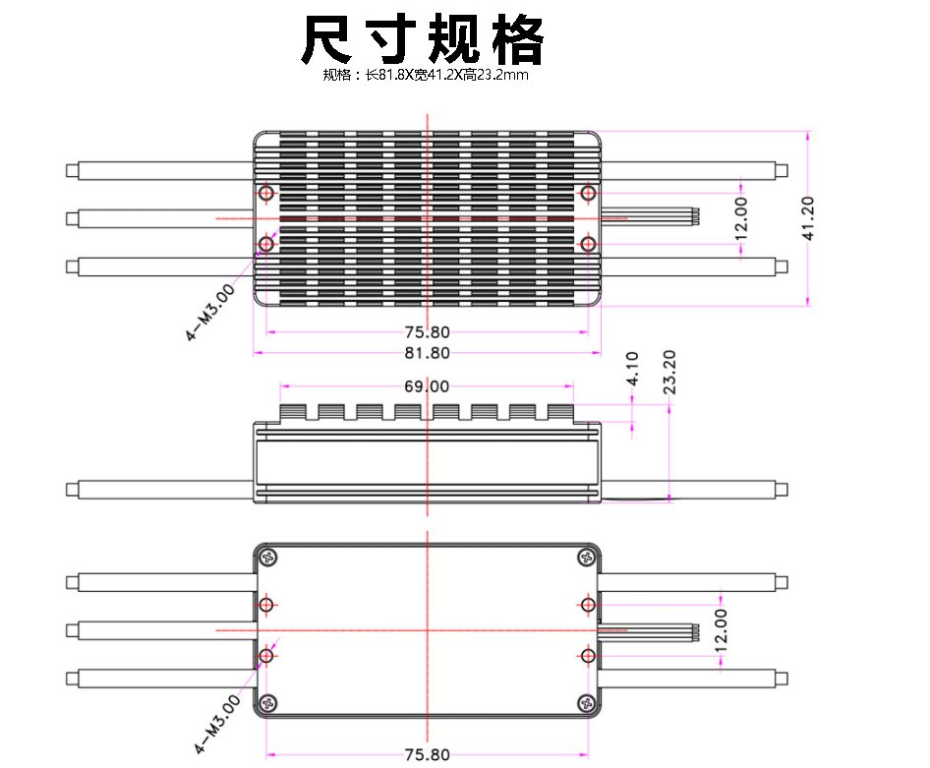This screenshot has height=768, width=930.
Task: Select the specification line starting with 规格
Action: click(426, 75)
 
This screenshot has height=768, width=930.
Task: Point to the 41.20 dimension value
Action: click(808, 218)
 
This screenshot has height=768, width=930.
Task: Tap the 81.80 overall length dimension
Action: click(427, 353)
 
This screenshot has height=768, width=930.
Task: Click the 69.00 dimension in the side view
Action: click(427, 386)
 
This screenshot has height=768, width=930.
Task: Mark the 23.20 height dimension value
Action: click(669, 371)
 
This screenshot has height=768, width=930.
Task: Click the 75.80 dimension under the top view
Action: click(427, 332)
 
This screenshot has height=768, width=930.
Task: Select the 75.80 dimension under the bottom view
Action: click(427, 754)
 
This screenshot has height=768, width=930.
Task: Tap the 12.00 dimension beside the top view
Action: click(740, 217)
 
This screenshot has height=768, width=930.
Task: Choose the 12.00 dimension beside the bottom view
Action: click(721, 630)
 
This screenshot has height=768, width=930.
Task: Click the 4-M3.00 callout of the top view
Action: click(211, 312)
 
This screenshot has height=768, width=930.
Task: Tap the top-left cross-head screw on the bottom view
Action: click(267, 558)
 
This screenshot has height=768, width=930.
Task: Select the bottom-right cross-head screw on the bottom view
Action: click(587, 702)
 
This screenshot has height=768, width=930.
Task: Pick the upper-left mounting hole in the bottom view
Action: click(266, 603)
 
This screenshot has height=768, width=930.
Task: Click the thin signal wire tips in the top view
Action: click(694, 217)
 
